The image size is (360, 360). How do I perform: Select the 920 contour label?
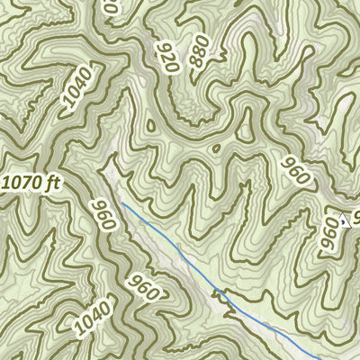166,57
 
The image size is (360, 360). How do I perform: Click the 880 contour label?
198,52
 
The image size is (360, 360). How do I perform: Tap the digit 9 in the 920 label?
163,67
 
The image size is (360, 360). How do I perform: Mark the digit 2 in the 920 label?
166,57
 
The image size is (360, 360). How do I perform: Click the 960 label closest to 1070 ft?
103,214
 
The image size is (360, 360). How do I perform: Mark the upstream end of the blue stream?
123,204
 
